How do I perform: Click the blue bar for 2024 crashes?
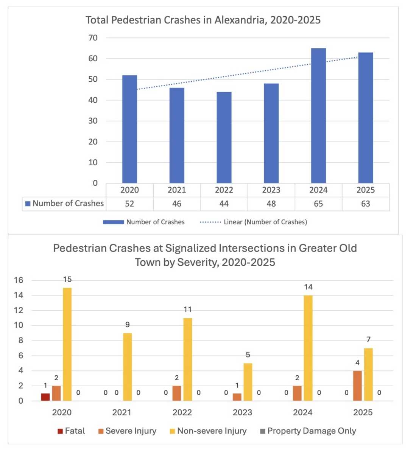pyautogui.click(x=318, y=116)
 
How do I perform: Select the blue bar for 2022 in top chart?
pyautogui.click(x=224, y=137)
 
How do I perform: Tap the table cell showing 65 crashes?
pyautogui.click(x=318, y=204)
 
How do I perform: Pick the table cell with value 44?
pyautogui.click(x=224, y=204)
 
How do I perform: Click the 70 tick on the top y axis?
pyautogui.click(x=93, y=37)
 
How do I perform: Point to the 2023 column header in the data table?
pyautogui.click(x=271, y=190)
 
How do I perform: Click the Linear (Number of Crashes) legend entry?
pyautogui.click(x=253, y=222)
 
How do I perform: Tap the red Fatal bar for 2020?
pyautogui.click(x=45, y=397)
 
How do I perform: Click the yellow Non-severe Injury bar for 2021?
pyautogui.click(x=127, y=367)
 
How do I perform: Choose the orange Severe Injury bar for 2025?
pyautogui.click(x=357, y=386)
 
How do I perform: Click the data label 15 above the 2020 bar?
pyautogui.click(x=67, y=279)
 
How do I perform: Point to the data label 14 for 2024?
pyautogui.click(x=308, y=287)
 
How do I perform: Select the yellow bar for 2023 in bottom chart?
pyautogui.click(x=248, y=382)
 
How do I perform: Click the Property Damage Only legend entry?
pyautogui.click(x=308, y=431)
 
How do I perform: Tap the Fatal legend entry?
pyautogui.click(x=71, y=431)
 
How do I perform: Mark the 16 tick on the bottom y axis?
pyautogui.click(x=19, y=280)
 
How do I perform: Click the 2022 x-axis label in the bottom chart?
pyautogui.click(x=182, y=412)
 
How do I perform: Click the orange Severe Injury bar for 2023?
pyautogui.click(x=237, y=397)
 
